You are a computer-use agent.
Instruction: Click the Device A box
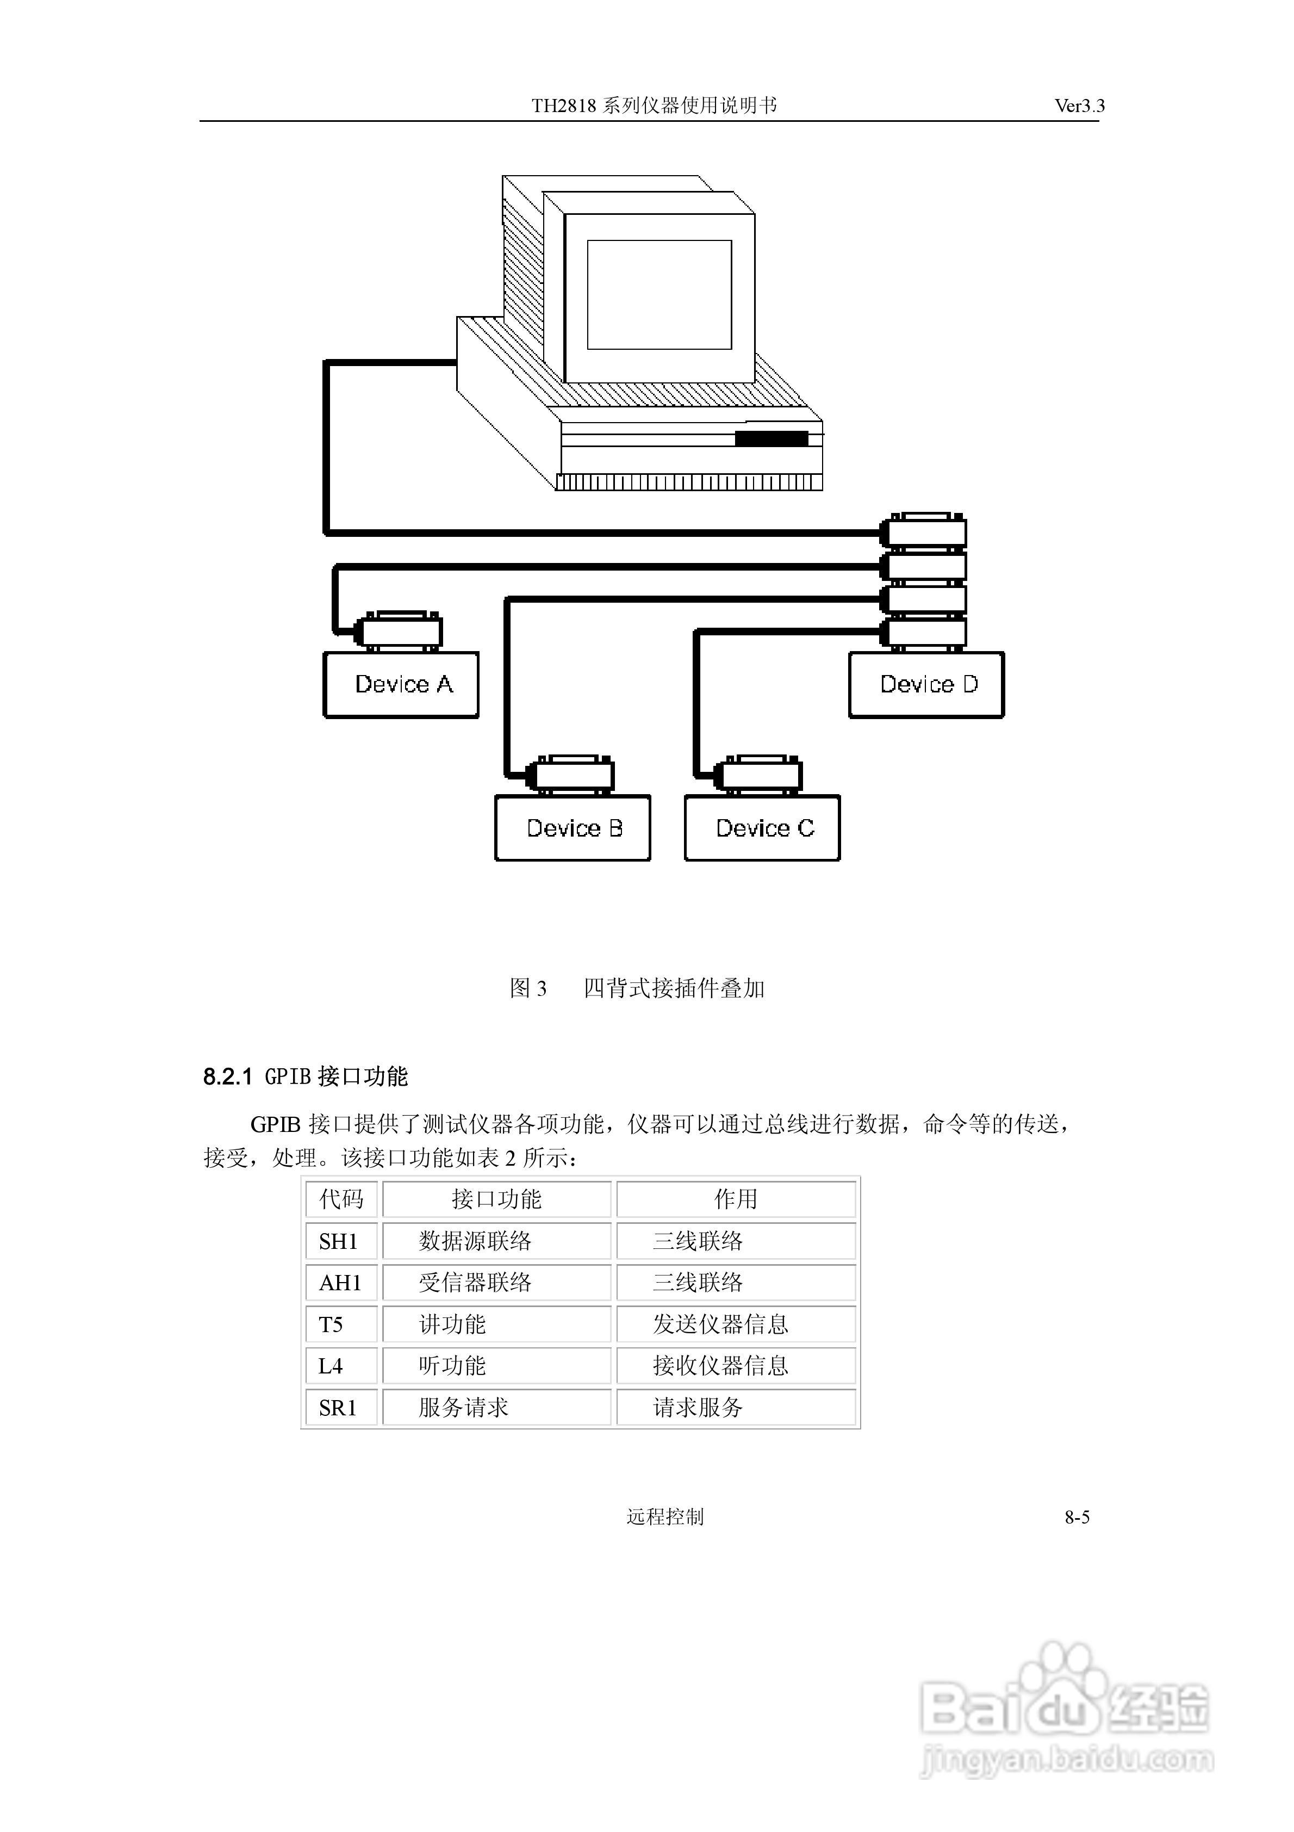[401, 685]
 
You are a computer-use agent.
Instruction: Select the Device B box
[573, 828]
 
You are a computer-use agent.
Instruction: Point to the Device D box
[926, 685]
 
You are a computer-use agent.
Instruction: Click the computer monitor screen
[659, 294]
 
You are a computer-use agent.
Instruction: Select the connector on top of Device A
[399, 631]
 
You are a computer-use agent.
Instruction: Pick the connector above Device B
[571, 774]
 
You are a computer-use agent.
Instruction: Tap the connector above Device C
[760, 774]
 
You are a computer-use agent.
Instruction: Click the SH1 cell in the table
[339, 1241]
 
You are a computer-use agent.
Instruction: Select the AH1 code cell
[341, 1283]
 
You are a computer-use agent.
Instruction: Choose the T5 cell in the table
[332, 1325]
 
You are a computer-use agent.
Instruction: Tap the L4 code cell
[331, 1366]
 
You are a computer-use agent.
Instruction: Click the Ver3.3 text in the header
[1079, 106]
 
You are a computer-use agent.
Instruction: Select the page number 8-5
[1077, 1517]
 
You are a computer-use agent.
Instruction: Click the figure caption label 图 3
[528, 988]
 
